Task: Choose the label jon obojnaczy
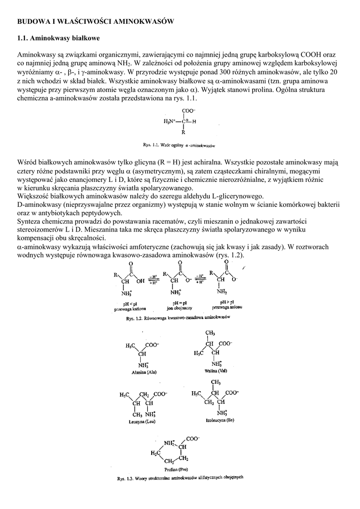180,308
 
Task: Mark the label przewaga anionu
227,307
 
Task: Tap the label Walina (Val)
215,371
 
